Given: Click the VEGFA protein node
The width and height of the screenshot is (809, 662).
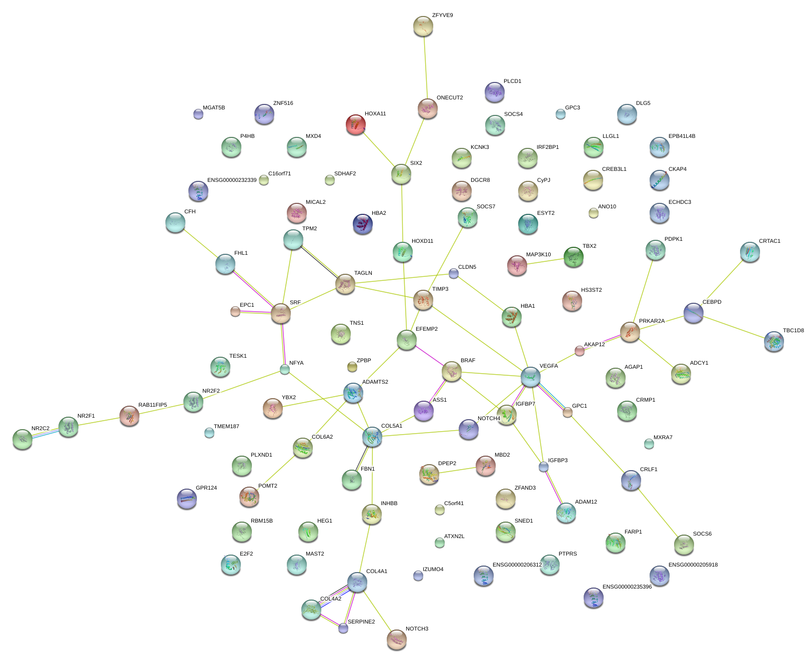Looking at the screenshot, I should coord(530,377).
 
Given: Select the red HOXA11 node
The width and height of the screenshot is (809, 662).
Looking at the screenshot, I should coord(355,124).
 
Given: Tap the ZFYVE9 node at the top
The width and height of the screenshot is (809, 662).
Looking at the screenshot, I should coord(423,26).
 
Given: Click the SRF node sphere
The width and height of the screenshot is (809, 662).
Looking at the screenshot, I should coord(280,313).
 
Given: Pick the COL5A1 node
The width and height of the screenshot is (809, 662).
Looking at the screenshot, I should coord(372,437).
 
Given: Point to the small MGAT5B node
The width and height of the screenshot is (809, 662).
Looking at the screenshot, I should coord(198,114).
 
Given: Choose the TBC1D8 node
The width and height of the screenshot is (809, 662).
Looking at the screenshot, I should coord(774,341).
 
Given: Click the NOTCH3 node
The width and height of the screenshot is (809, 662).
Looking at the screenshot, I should coord(397,639).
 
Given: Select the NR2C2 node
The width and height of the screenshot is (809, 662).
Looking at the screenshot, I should coord(22,439).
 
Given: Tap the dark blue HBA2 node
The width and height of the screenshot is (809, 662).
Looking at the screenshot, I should coord(362,224).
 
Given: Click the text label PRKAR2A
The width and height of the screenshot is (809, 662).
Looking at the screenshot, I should coord(652,321).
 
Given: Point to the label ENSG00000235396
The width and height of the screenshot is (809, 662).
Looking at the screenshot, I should coord(627,587).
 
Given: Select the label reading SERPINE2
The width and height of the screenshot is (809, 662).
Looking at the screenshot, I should coord(361,622).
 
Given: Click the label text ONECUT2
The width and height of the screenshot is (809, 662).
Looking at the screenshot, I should coord(449,98).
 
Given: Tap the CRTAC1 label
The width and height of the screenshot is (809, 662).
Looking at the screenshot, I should coord(769,241).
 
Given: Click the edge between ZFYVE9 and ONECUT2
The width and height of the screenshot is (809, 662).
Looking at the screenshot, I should coord(425,67).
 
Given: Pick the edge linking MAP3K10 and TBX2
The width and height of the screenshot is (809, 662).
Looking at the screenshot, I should coord(545,261).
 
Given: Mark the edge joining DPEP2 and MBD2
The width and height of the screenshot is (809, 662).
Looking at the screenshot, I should coord(457,471).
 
